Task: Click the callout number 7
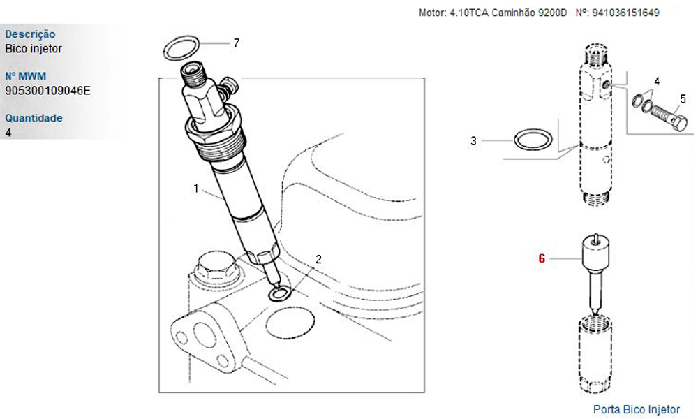point(237,43)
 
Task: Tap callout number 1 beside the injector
point(196,189)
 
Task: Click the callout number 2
point(318,259)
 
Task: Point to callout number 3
point(473,140)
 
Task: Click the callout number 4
point(657,82)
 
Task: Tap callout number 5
point(683,98)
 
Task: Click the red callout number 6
point(542,258)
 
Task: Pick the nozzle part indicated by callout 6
point(595,272)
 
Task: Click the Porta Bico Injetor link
point(636,409)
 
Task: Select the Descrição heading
point(30,34)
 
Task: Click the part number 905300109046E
point(47,90)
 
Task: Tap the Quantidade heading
point(34,118)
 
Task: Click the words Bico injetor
point(34,49)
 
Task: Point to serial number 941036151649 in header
point(625,13)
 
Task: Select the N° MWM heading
point(25,75)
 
